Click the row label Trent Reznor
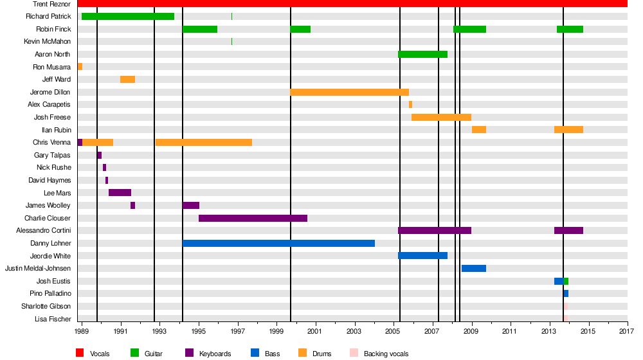(51, 4)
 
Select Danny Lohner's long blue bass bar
(278, 243)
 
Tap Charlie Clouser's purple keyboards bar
(253, 218)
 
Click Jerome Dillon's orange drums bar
(349, 92)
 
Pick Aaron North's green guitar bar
(422, 54)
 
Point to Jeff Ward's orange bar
(127, 79)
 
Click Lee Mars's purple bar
(120, 192)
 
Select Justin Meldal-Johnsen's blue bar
(473, 268)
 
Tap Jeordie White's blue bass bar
(422, 255)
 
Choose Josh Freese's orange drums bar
(441, 117)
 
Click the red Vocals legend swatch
(80, 353)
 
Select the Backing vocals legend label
(386, 354)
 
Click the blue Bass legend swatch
(255, 353)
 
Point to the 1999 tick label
(276, 331)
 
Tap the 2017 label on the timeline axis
(627, 331)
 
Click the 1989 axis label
(82, 331)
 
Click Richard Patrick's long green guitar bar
(128, 16)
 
